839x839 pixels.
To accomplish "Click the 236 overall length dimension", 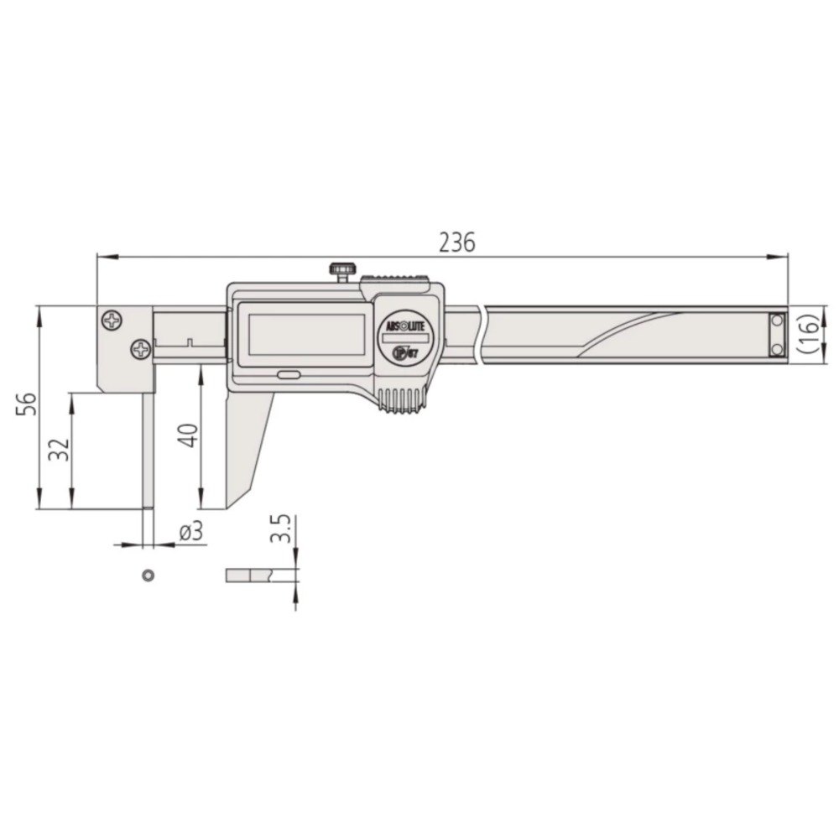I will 457,242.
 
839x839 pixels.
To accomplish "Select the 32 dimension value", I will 59,451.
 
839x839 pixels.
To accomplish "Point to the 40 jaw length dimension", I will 189,435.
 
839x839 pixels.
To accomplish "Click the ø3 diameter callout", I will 192,532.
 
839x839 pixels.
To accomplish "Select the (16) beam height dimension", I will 807,336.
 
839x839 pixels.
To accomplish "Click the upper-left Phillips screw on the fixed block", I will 112,320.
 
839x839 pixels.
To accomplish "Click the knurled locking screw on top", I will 340,272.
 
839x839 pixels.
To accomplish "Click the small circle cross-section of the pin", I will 148,575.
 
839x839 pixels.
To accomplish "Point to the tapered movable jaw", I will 248,445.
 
